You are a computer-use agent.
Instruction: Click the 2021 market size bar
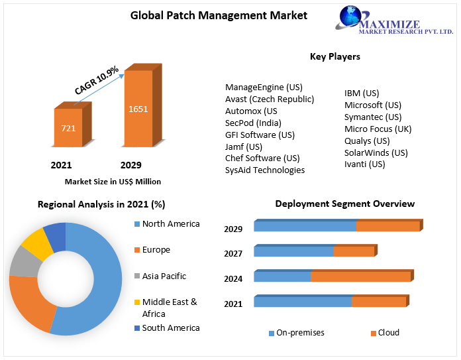tap(68, 127)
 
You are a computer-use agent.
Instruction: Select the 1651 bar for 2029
tap(138, 109)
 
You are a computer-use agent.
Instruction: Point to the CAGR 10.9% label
tap(97, 80)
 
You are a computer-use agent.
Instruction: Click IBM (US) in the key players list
tap(362, 93)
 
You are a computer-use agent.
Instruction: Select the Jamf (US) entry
tap(244, 147)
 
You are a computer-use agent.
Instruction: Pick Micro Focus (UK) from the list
tap(378, 129)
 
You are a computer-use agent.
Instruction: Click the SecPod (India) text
tap(253, 123)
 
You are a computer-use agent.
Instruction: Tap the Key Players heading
tap(334, 56)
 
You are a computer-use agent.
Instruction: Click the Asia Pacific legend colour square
tap(137, 276)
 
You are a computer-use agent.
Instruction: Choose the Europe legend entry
tap(156, 250)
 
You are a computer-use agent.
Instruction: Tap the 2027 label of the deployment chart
tap(233, 253)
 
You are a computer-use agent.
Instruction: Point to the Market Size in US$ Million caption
tap(113, 181)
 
